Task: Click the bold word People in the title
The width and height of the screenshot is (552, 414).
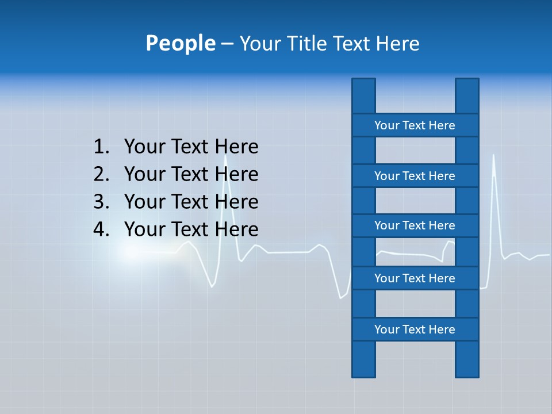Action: [x=180, y=43]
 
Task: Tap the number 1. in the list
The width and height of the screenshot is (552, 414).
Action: [x=101, y=147]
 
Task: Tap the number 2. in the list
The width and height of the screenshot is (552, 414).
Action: [x=101, y=174]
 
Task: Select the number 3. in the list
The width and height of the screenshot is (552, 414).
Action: [x=101, y=202]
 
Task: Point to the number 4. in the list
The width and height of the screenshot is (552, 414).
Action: [x=101, y=229]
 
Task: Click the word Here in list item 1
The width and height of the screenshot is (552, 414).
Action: [x=236, y=147]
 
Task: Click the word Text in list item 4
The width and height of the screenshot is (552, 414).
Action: [x=191, y=229]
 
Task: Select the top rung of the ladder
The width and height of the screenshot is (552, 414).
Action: [x=415, y=125]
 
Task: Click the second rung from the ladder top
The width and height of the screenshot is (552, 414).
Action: [x=415, y=175]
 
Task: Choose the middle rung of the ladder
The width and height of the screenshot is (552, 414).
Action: [x=415, y=225]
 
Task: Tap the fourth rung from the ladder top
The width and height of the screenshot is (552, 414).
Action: [x=415, y=278]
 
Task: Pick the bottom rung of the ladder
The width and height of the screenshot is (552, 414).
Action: [x=415, y=329]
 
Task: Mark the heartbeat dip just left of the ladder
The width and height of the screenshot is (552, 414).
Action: [x=342, y=296]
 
